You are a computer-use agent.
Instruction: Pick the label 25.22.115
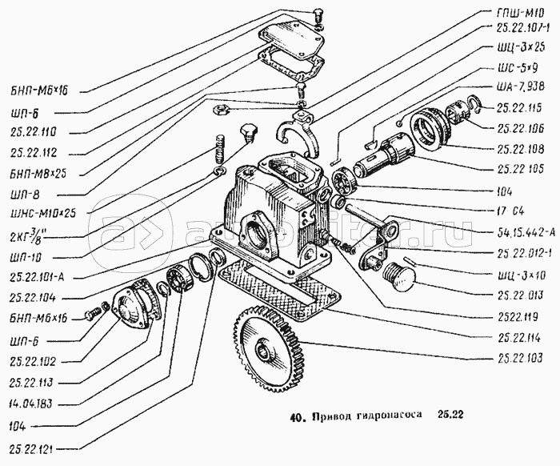point(521,107)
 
